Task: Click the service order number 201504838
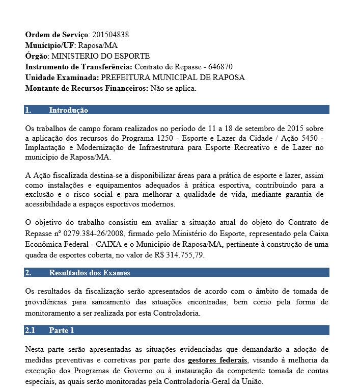(x=110, y=35)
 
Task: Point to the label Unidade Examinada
(x=62, y=77)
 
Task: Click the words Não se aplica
(x=173, y=88)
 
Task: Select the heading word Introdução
(x=68, y=110)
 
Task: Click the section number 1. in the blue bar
(x=29, y=110)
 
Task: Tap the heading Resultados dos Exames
(x=90, y=273)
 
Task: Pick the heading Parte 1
(x=62, y=330)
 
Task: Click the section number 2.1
(x=30, y=330)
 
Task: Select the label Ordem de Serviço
(x=57, y=35)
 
